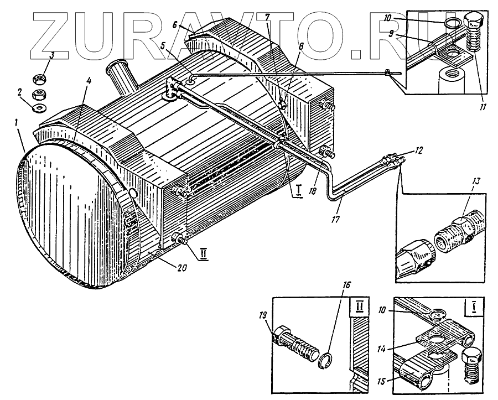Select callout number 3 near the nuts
click(51, 55)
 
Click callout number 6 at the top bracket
click(174, 25)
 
